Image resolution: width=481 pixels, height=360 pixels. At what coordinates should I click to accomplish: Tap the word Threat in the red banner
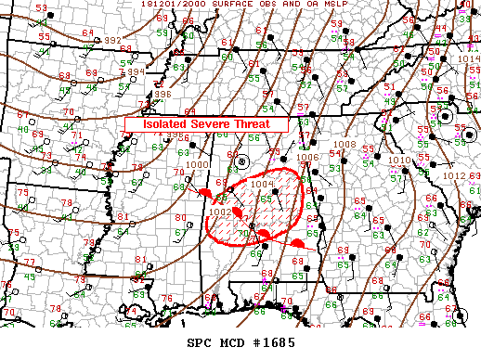click(252, 123)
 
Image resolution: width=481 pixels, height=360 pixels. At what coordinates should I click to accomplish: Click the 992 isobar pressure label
click(112, 40)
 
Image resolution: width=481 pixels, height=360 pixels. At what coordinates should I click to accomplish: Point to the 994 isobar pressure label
click(135, 71)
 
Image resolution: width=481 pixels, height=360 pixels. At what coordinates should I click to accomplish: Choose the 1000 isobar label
click(196, 164)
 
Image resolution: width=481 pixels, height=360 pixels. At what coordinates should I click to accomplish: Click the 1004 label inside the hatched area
click(262, 184)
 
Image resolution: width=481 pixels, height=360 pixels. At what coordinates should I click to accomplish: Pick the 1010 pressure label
click(399, 161)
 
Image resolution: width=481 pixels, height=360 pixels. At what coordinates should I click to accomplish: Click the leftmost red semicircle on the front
click(203, 192)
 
